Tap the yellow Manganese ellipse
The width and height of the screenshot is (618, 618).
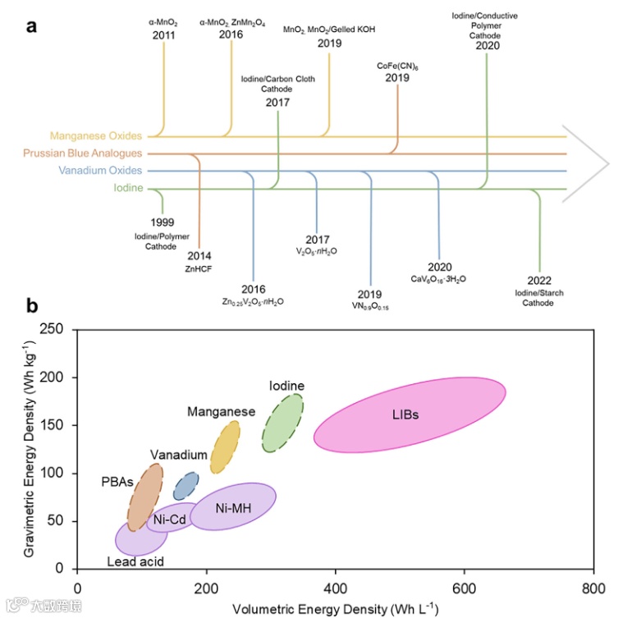(224, 448)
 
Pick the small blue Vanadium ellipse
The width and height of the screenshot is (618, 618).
(185, 486)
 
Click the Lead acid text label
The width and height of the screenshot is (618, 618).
(136, 561)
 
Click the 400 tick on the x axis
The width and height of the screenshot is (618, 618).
(335, 588)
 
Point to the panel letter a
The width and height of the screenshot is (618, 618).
(31, 25)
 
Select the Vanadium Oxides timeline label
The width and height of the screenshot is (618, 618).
(100, 171)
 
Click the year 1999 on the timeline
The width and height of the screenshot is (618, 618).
(162, 222)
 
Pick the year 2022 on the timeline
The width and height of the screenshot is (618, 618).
(539, 281)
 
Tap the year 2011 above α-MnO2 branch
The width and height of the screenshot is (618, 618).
(164, 34)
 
